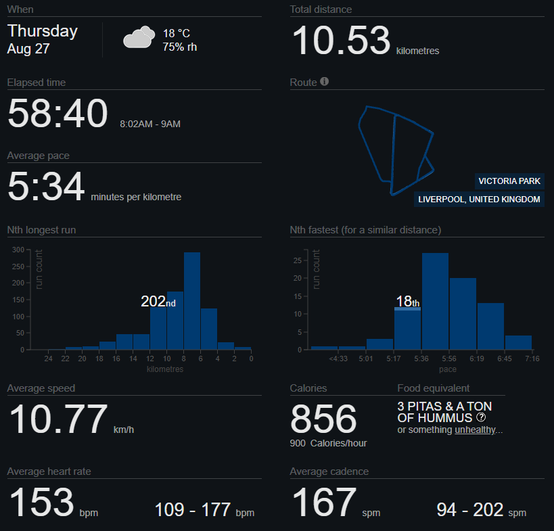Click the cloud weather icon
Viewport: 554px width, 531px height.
(x=139, y=37)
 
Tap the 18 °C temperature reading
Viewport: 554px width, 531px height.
(x=177, y=33)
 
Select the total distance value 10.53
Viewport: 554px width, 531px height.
(x=342, y=41)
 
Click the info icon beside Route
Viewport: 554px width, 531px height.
(x=324, y=82)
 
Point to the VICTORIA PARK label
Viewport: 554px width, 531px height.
(x=509, y=181)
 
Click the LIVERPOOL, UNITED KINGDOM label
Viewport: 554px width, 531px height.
(x=479, y=200)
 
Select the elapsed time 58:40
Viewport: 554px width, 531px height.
(x=57, y=113)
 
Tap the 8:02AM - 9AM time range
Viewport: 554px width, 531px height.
(x=150, y=124)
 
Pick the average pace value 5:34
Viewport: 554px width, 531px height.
(x=46, y=186)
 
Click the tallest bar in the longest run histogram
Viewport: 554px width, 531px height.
(x=192, y=301)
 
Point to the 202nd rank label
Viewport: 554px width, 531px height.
(x=158, y=302)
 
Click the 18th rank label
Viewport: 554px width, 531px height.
(x=407, y=302)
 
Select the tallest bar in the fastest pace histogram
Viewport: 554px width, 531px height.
(x=436, y=302)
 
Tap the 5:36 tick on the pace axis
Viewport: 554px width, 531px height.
(x=421, y=359)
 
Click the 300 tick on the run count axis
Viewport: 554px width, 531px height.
(x=18, y=250)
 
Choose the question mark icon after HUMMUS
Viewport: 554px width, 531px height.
(x=481, y=417)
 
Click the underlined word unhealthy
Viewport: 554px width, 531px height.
(x=476, y=430)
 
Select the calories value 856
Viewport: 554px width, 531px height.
(x=323, y=419)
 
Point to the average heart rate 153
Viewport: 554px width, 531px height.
(x=41, y=502)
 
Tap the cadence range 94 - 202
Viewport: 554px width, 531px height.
(x=470, y=510)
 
